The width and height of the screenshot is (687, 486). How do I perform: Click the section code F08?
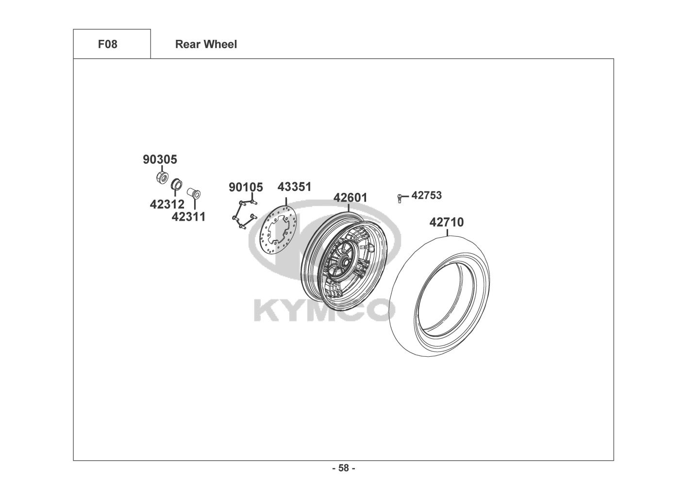[108, 44]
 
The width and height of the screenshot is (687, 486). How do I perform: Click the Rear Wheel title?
[206, 44]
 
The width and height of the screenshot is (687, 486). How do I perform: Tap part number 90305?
[160, 159]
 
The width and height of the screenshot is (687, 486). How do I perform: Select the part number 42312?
[167, 204]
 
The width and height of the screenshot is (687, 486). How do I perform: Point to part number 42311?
[188, 217]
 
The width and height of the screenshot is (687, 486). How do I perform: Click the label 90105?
[246, 187]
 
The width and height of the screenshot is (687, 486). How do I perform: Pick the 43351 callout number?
[294, 187]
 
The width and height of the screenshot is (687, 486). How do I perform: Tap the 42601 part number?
[350, 197]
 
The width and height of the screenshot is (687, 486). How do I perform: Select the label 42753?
[426, 195]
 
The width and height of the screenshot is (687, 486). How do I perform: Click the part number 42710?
[447, 222]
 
